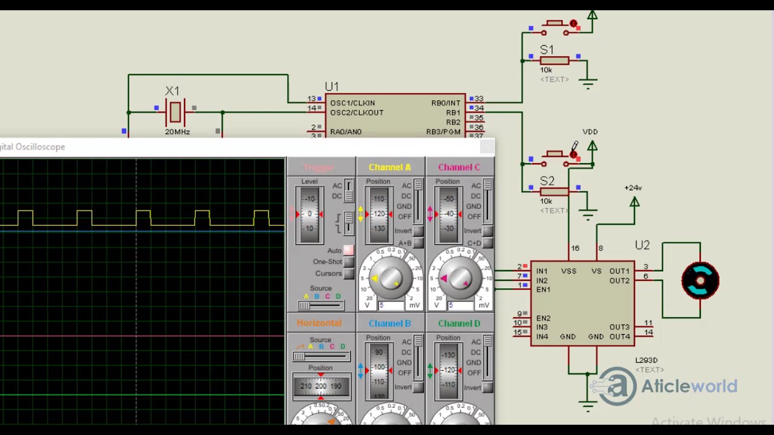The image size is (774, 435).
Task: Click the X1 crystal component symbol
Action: tap(175, 112)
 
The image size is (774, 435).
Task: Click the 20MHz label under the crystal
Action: tap(177, 132)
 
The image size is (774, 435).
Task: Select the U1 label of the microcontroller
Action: tap(331, 86)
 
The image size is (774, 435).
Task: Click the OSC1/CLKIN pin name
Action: tap(352, 103)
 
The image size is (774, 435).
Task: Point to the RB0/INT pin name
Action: tap(446, 103)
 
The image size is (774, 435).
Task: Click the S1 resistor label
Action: tap(547, 50)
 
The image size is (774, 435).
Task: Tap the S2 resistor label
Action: tap(547, 181)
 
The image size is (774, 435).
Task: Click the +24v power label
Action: tap(633, 188)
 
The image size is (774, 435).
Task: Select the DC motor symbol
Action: tap(700, 280)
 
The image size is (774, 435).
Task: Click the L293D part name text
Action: tap(646, 361)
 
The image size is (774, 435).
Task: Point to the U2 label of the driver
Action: tap(642, 245)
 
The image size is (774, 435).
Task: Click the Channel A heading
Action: tap(389, 167)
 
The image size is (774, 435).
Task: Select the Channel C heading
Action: tap(459, 167)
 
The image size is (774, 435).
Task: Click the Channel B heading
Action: tap(389, 324)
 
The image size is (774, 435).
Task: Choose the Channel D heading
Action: tap(459, 324)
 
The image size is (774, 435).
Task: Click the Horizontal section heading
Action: tap(319, 323)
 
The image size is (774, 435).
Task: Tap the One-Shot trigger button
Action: tap(348, 262)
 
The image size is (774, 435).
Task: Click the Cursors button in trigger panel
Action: tap(348, 274)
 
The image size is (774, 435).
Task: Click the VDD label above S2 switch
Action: tap(590, 132)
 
